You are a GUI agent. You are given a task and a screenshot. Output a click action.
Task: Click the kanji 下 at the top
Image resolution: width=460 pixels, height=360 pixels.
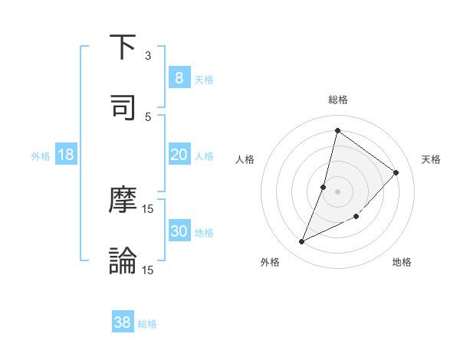123,47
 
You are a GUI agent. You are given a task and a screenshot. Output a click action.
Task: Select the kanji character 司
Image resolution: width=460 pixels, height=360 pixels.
123,106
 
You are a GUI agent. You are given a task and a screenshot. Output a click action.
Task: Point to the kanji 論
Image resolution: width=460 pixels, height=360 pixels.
123,260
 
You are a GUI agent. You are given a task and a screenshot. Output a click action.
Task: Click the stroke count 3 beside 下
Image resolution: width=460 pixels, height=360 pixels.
148,56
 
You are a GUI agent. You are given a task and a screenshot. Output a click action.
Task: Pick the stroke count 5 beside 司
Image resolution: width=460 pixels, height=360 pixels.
148,116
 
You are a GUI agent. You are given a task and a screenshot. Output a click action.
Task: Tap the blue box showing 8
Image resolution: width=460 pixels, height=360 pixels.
179,77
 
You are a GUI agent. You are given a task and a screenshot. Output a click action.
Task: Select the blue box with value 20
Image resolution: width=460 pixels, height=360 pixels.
179,155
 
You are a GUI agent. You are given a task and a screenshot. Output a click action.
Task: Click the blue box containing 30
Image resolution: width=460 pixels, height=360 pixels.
179,231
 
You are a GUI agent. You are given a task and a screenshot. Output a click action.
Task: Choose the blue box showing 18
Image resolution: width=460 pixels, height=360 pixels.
66,155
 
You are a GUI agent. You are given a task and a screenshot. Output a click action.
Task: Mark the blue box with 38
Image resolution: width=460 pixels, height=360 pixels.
123,322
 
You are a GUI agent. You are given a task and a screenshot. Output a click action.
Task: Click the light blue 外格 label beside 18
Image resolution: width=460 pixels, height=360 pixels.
41,156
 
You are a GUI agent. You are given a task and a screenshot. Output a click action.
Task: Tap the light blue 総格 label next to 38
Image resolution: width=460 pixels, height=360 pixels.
147,324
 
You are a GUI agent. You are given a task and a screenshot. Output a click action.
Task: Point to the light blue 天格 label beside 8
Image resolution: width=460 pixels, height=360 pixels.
204,79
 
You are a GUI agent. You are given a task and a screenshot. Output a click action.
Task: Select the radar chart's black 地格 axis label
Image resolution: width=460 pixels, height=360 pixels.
402,262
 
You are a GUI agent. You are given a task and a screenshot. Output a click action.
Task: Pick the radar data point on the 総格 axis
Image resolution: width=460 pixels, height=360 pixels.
337,130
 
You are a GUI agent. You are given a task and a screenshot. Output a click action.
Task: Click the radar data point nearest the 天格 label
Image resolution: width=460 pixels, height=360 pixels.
396,172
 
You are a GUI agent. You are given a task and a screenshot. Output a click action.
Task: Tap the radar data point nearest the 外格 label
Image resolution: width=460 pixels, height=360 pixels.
302,242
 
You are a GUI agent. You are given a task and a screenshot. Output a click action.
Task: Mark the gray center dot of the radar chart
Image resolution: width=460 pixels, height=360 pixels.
337,191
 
